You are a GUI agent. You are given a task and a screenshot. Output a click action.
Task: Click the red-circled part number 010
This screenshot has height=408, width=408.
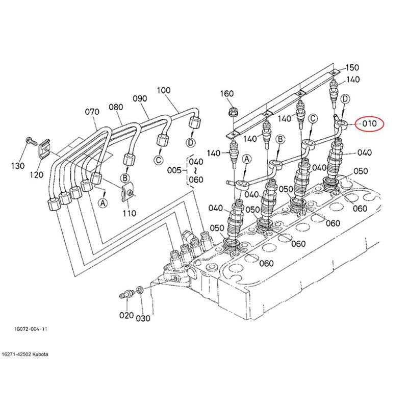(369, 123)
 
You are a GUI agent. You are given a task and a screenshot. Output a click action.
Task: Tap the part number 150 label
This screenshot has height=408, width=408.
(352, 68)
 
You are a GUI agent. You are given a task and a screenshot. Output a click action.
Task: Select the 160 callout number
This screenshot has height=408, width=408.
(227, 94)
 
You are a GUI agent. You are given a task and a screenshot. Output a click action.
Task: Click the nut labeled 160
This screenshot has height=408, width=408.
(233, 113)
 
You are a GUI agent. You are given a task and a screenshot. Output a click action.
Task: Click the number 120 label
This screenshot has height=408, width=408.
(36, 175)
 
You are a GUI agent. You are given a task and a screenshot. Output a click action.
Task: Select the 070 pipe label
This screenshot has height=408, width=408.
(92, 112)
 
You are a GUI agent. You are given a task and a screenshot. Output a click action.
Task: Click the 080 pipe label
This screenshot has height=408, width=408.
(116, 107)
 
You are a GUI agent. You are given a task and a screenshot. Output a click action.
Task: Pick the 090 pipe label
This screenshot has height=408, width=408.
(140, 98)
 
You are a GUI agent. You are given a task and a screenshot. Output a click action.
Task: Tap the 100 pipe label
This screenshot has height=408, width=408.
(164, 91)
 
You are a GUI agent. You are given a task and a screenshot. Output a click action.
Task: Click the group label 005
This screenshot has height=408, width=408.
(174, 170)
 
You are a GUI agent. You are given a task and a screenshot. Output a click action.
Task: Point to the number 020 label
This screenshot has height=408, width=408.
(126, 316)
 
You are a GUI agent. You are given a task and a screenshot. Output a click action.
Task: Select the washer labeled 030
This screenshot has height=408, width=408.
(140, 290)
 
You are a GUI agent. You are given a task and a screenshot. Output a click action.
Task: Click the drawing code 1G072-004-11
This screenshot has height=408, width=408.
(31, 329)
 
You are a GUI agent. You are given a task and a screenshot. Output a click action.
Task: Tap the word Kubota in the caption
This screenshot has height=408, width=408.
(40, 354)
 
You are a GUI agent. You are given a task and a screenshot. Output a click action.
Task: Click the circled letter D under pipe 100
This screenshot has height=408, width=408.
(191, 142)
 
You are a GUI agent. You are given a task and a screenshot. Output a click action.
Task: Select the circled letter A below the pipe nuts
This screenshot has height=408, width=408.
(103, 202)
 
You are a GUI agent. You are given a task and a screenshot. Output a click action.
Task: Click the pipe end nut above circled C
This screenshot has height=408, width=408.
(162, 140)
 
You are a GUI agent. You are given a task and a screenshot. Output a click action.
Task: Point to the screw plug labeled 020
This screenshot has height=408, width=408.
(126, 295)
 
